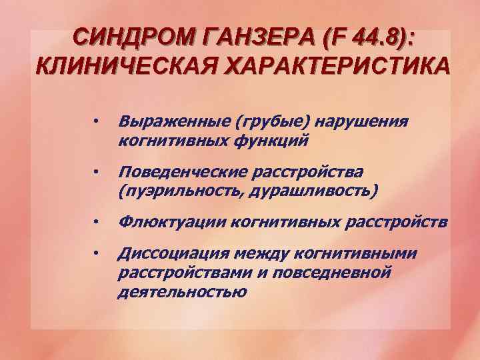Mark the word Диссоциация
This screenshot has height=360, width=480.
coord(169,254)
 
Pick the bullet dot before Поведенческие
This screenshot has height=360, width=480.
coord(97,173)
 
